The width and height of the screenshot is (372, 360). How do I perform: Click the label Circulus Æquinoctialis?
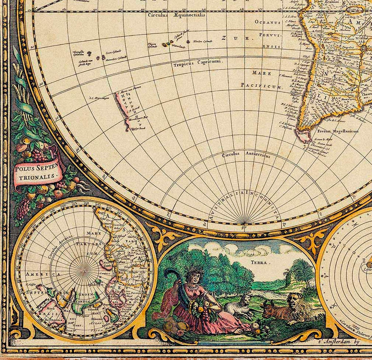pyautogui.click(x=177, y=15)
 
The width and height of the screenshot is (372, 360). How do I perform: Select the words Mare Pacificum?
pyautogui.click(x=262, y=80)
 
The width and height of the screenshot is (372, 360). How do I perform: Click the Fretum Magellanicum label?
pyautogui.click(x=337, y=131)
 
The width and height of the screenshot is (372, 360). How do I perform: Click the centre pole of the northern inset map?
pyautogui.click(x=85, y=270)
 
